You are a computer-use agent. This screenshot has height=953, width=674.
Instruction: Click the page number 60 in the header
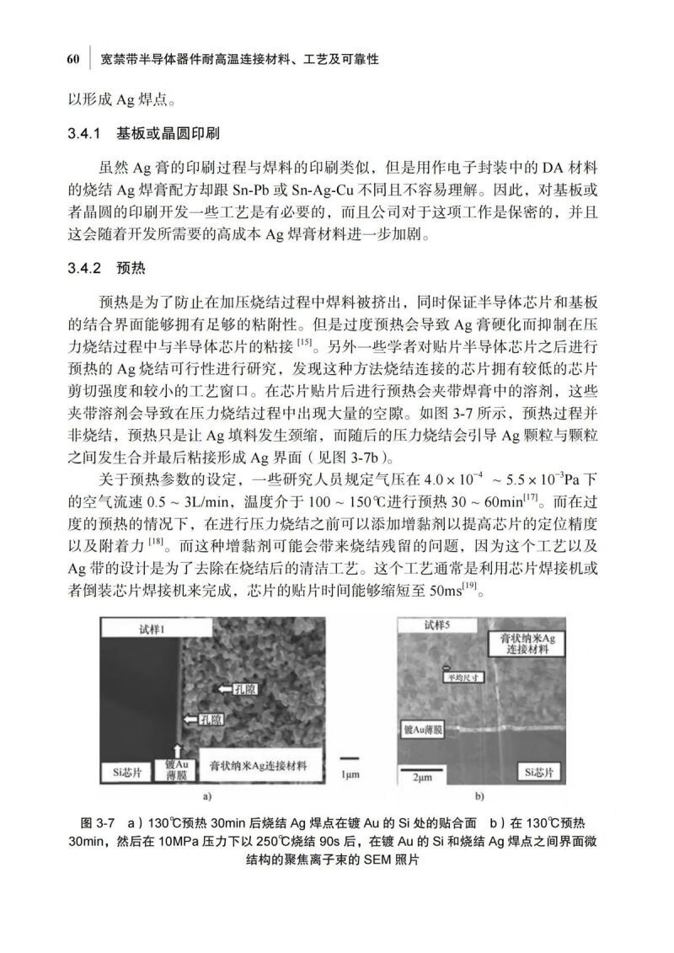72,60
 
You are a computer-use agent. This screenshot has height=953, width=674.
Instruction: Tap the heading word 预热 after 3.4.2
132,270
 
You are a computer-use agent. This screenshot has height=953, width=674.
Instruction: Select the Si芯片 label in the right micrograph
538,771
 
